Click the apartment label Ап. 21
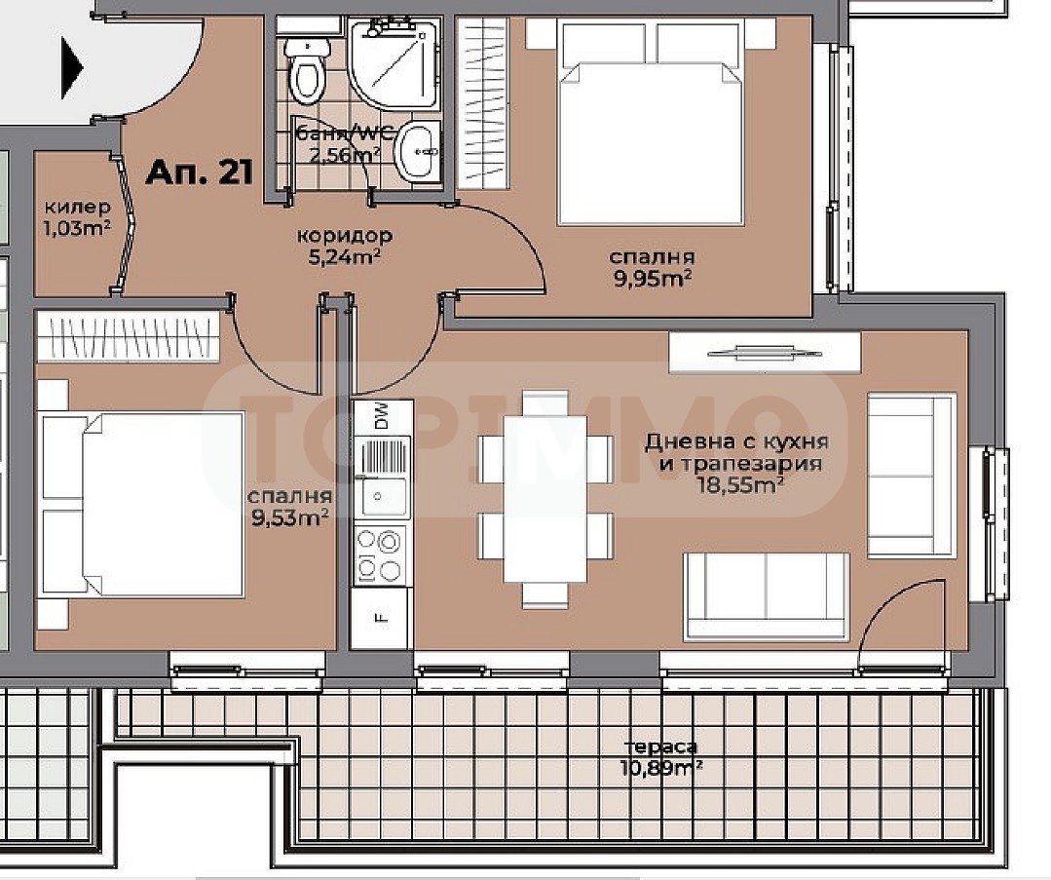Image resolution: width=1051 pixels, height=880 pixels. pos(200,172)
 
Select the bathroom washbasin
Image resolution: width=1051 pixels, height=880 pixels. pos(420,151)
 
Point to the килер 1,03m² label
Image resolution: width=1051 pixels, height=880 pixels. pos(78,218)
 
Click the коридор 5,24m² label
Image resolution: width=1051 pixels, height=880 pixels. pos(345,247)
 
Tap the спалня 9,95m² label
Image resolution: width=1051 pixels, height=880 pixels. pos(653,268)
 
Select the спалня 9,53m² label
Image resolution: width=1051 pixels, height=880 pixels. pos(289,507)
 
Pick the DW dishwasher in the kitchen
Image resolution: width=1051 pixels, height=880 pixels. pos(382,416)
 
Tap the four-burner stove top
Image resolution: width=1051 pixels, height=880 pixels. pos(381,555)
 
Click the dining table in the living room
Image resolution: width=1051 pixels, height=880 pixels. pos(545,499)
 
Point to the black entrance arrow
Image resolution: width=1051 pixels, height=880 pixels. pos(72,68)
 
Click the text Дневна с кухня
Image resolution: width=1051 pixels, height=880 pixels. pos(736,442)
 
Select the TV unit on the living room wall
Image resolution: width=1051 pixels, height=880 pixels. pos(765,352)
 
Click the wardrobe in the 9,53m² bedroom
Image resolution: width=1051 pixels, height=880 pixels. pos(128,335)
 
